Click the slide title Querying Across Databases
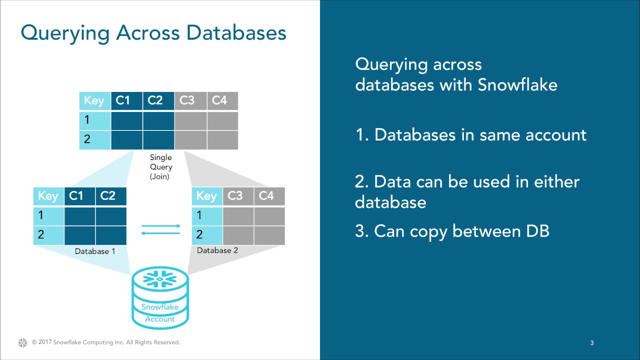153,33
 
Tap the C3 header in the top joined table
186,100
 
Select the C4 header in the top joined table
219,100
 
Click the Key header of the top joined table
94,100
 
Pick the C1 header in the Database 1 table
76,196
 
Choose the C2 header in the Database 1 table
108,196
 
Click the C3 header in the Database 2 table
235,196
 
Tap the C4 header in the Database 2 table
266,196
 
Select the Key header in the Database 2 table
206,196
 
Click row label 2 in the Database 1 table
41,234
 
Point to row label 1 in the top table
87,120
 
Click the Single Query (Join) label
161,167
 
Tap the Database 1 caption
95,251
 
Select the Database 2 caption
217,250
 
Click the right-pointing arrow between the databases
161,226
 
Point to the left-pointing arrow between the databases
161,233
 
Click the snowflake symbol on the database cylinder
160,278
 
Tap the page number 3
592,343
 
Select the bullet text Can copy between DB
452,231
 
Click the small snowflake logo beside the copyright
22,342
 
